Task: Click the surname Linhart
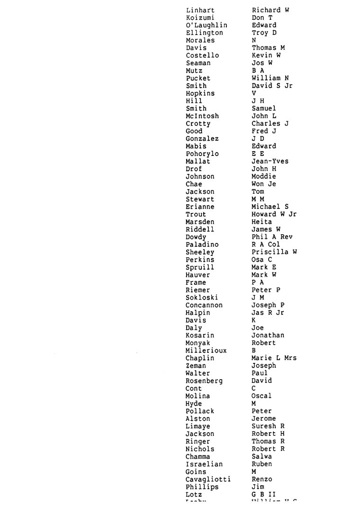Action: click(x=200, y=10)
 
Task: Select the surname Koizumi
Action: click(x=200, y=18)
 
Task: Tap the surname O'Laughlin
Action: click(x=206, y=25)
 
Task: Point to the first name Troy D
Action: click(x=264, y=33)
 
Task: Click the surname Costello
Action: click(x=202, y=55)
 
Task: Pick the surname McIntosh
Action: click(x=202, y=116)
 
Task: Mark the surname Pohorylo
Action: click(x=202, y=154)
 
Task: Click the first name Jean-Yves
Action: click(x=270, y=162)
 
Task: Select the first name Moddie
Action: click(x=264, y=177)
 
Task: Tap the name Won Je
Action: click(x=264, y=184)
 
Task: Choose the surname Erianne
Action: click(x=200, y=207)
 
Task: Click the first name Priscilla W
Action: click(x=274, y=253)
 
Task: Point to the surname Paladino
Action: click(x=202, y=245)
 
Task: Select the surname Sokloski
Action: click(x=202, y=298)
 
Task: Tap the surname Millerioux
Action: click(x=206, y=351)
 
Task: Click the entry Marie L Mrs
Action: click(x=274, y=358)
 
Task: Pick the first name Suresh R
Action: click(x=268, y=426)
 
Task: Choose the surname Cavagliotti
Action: click(x=208, y=480)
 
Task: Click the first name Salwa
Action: click(x=262, y=457)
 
